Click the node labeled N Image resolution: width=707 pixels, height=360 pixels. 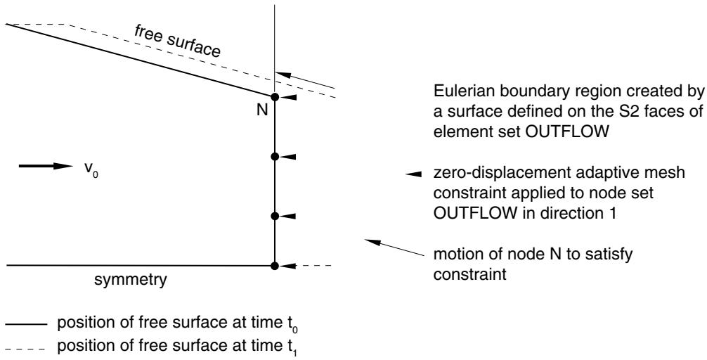(274, 97)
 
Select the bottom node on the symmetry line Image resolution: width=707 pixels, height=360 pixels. (274, 266)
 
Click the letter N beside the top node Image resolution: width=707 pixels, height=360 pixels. (262, 110)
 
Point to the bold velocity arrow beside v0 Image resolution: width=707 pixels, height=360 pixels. (46, 166)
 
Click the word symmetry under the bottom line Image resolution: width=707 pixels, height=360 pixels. (130, 280)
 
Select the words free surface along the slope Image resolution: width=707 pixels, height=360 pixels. (177, 41)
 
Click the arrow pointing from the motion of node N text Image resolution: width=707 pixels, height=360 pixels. (394, 247)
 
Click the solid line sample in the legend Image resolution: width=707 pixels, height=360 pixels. (26, 325)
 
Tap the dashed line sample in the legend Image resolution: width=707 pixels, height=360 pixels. (25, 348)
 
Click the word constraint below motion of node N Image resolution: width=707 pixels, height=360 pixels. (470, 274)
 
